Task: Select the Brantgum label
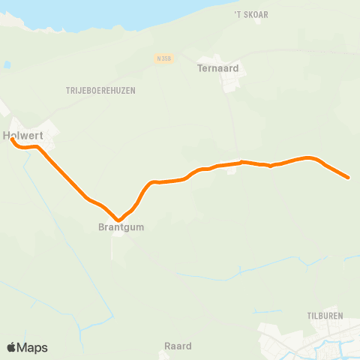[x=120, y=226]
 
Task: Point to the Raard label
[x=178, y=346]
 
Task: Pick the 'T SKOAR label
[x=250, y=14]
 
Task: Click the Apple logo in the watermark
[x=11, y=347]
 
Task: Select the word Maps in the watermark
[x=33, y=347]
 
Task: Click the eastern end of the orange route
[x=348, y=178]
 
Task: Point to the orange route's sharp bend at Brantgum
[x=118, y=220]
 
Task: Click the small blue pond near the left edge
[x=7, y=65]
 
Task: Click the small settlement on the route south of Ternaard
[x=231, y=169]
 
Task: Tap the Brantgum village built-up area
[x=119, y=234]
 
